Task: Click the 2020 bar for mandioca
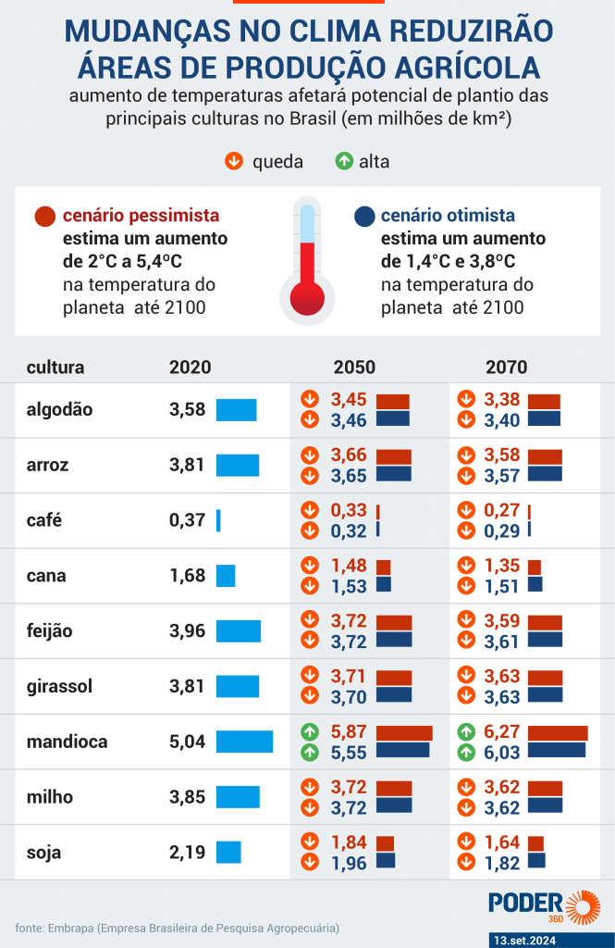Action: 244,742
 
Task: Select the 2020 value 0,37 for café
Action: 187,520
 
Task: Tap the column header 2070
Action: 506,368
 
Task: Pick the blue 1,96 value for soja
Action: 349,864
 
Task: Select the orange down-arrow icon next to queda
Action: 234,162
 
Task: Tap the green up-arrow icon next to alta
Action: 344,162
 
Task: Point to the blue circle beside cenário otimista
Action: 364,217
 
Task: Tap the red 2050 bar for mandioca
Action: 404,732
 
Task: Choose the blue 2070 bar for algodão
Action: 544,418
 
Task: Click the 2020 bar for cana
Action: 226,576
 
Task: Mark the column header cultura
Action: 55,368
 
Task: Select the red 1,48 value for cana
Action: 349,566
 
